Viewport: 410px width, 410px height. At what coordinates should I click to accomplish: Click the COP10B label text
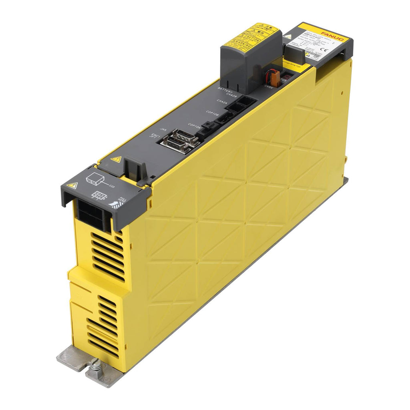click(212, 114)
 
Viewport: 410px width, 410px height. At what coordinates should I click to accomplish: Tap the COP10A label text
click(194, 126)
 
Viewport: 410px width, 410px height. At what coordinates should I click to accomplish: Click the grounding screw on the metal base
click(96, 365)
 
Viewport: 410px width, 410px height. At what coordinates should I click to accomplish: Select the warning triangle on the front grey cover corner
click(72, 185)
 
